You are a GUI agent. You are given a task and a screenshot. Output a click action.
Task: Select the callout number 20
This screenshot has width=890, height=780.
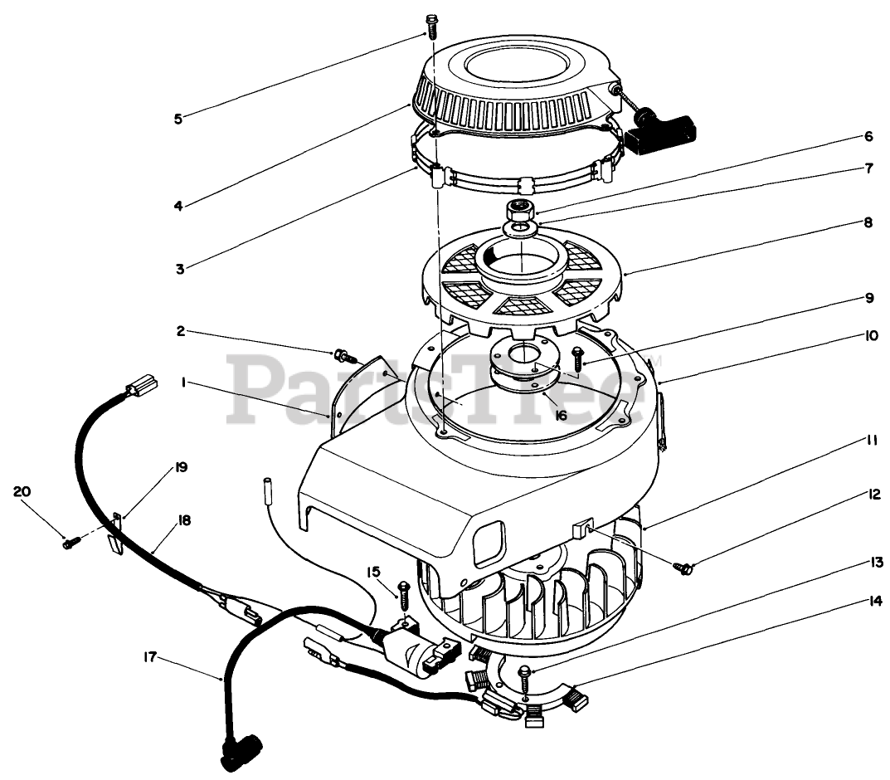pyautogui.click(x=22, y=491)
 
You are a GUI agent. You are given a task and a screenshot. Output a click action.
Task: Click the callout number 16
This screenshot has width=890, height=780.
pyautogui.click(x=561, y=413)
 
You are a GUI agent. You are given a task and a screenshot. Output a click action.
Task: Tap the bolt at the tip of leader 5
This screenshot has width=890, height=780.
pyautogui.click(x=430, y=26)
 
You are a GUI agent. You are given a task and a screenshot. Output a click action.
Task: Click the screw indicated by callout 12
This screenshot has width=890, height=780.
pyautogui.click(x=685, y=568)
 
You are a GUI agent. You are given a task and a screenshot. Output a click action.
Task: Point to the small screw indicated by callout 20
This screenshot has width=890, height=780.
pyautogui.click(x=70, y=544)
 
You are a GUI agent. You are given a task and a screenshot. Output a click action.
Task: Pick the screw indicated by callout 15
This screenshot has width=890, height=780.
pyautogui.click(x=404, y=594)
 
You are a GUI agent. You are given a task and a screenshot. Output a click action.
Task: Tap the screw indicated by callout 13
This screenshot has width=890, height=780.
pyautogui.click(x=527, y=676)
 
